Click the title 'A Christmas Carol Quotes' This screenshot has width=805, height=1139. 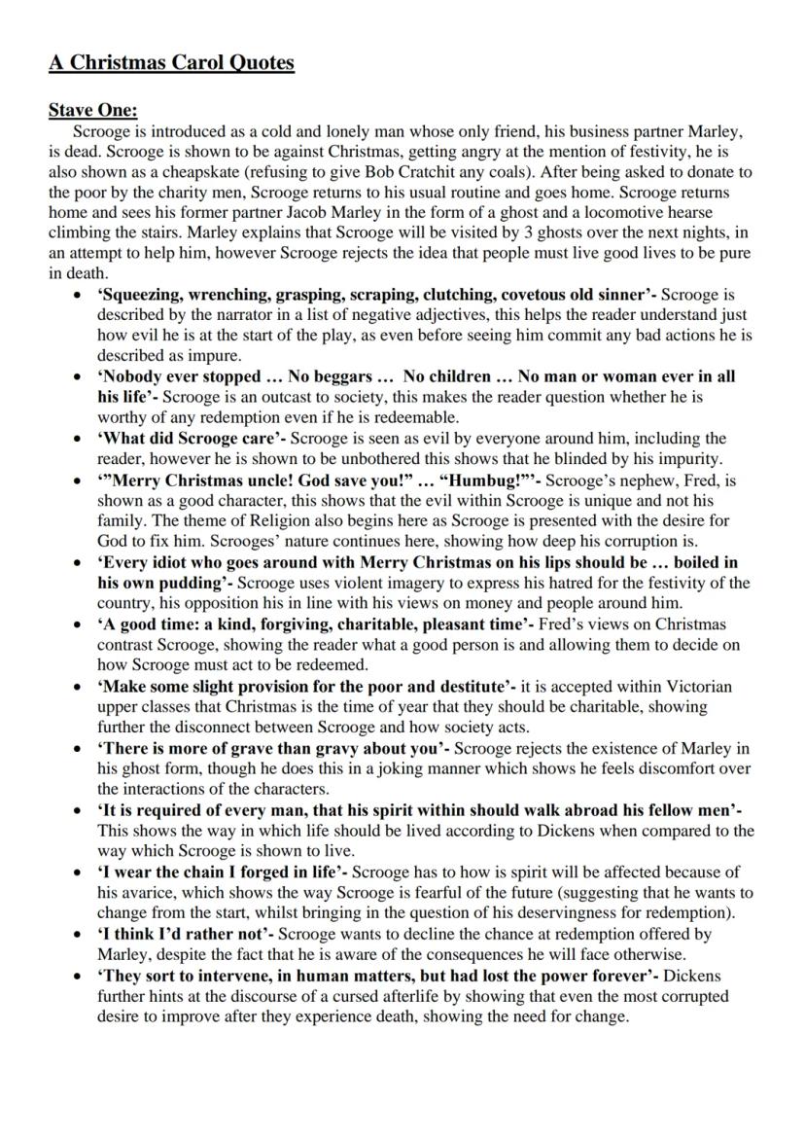171,63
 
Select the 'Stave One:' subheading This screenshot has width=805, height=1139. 93,111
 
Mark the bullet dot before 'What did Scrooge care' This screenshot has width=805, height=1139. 77,439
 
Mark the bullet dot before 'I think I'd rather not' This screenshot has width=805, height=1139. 77,934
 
